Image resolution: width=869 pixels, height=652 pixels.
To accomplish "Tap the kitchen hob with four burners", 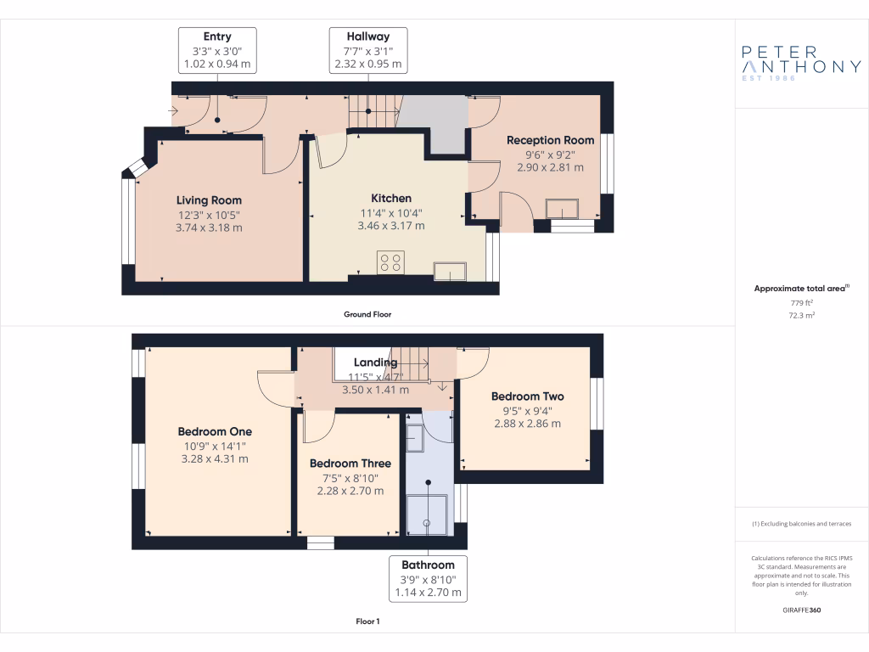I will coord(391,263).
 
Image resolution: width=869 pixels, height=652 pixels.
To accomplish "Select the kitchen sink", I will coord(449,272).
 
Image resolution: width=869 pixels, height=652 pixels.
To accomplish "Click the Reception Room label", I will coord(550,140).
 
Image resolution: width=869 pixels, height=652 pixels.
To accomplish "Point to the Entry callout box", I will coord(216,50).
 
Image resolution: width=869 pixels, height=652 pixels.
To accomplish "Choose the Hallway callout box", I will coord(368,50).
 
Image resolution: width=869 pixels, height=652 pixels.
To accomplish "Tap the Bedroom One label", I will coord(215,431).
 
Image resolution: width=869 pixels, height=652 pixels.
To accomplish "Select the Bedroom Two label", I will coord(527,396).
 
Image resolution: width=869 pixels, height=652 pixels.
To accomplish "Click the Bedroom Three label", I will coord(350,464).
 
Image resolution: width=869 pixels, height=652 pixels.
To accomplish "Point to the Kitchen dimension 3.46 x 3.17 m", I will coord(390,226).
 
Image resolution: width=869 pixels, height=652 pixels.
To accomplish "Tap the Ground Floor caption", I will coord(367,314).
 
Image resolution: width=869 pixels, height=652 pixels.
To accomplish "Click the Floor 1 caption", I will coord(367,621).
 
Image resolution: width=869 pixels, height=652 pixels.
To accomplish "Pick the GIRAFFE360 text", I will coord(801,610).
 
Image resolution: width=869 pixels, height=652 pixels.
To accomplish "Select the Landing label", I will coord(375,363).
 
